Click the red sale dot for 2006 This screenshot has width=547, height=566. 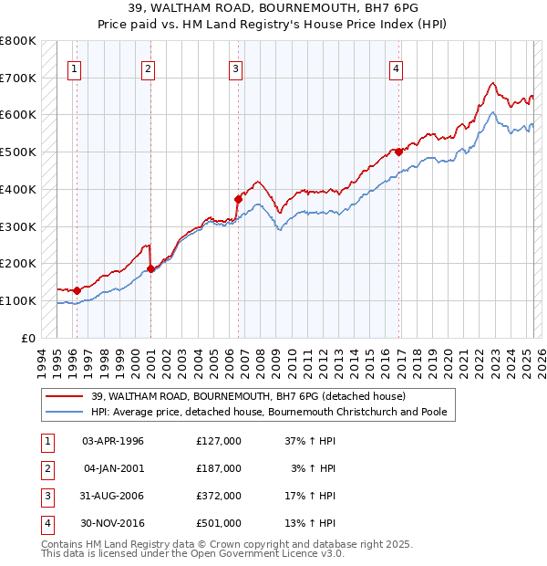[x=238, y=198]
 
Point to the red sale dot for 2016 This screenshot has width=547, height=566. [x=399, y=151]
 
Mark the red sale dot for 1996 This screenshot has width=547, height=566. [x=77, y=290]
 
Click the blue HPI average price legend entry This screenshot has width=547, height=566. [x=268, y=413]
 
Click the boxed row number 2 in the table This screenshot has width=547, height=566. [x=46, y=468]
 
